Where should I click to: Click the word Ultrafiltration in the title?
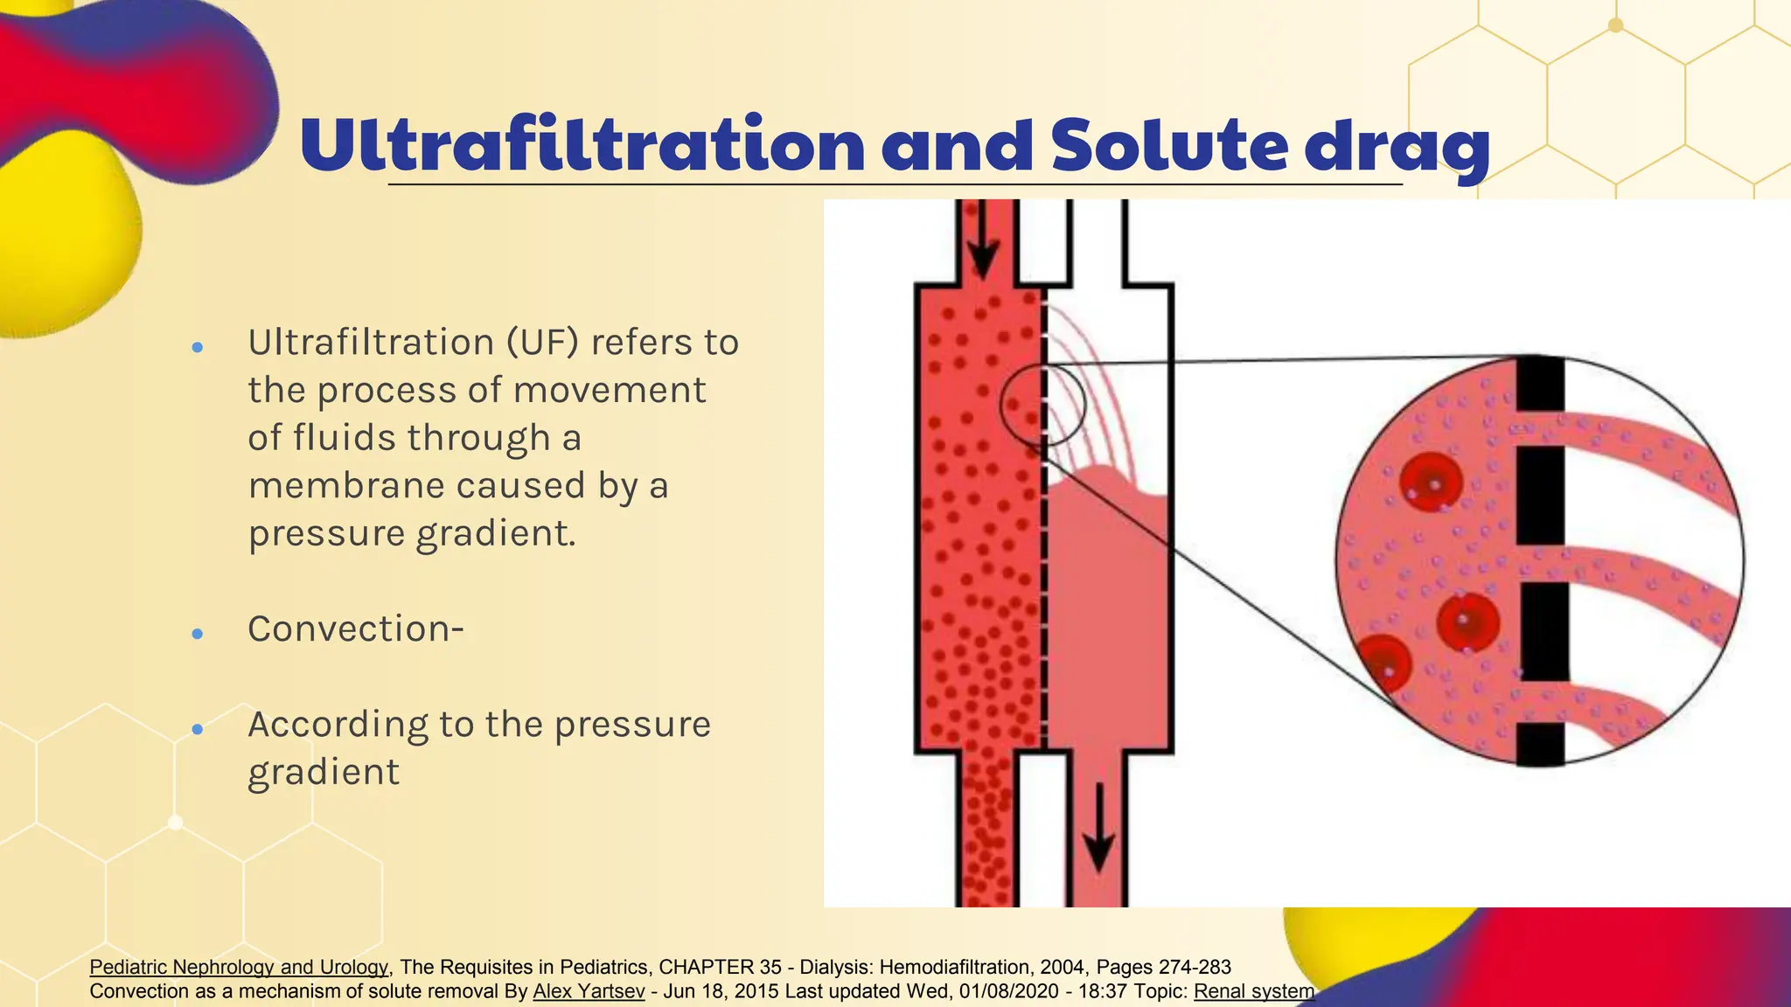582,145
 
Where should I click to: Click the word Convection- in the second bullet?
356,629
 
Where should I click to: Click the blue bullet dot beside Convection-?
198,634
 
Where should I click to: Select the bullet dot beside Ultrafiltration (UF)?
198,347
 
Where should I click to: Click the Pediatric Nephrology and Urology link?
239,967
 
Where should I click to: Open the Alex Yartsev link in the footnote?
589,991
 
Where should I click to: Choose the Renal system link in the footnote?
1253,991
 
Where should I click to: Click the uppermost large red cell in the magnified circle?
1431,482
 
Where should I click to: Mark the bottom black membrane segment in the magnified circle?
1540,744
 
